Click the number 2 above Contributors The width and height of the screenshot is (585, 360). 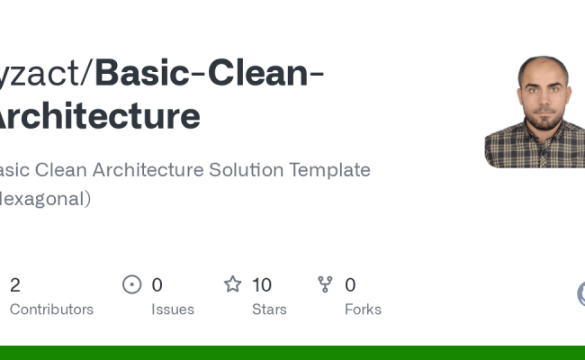(15, 285)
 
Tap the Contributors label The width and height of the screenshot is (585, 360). (51, 310)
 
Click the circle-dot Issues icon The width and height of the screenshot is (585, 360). (132, 285)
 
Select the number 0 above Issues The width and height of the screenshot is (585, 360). (157, 285)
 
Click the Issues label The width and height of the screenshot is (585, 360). (172, 310)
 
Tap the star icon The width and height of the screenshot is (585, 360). (233, 285)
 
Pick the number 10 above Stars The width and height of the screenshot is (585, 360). (262, 285)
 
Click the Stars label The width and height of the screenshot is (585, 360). (269, 310)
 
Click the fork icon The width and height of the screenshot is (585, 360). (325, 285)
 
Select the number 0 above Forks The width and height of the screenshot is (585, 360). (350, 285)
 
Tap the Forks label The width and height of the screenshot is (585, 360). (363, 310)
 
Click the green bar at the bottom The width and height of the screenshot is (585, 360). (292, 352)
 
